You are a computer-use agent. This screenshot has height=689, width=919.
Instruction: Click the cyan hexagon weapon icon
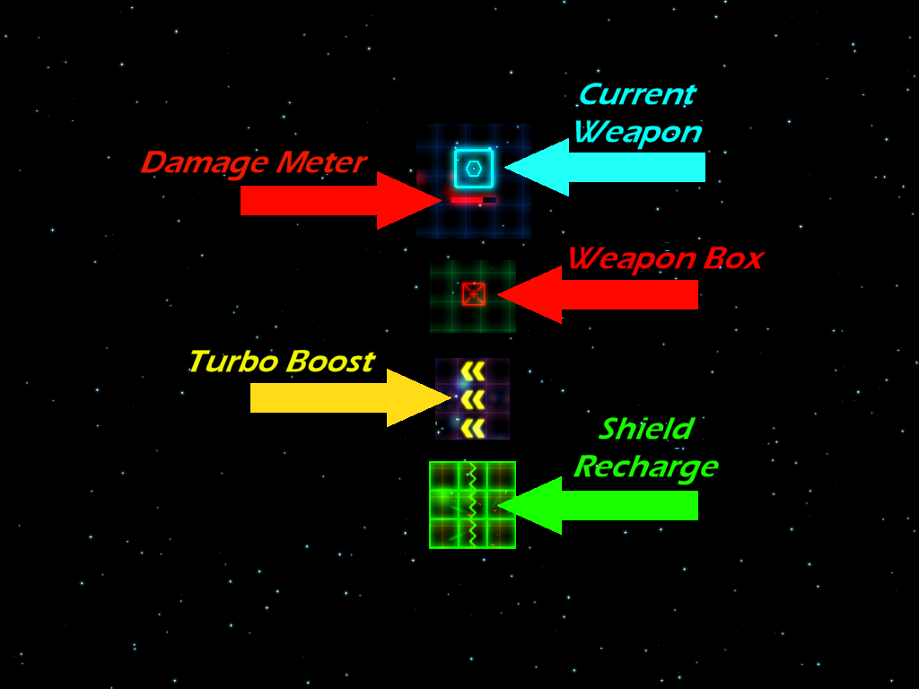coord(473,168)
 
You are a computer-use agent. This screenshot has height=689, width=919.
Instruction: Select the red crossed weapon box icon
coord(473,294)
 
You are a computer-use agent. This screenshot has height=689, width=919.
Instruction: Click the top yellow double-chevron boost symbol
coord(473,371)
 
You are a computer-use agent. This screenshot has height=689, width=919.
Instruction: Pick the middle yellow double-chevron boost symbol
coord(473,398)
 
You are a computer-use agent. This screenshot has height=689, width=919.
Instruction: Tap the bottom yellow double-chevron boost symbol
coord(473,428)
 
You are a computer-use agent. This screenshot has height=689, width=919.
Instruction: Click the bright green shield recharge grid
coord(472,504)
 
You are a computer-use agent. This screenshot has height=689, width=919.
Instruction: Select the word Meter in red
coord(319,163)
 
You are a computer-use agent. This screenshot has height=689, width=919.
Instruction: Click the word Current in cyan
coord(636,94)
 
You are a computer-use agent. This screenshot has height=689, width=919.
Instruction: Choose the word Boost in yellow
coord(329,362)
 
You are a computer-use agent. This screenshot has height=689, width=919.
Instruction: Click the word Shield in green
coord(645,429)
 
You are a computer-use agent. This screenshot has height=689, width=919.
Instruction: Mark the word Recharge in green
coord(645,467)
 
